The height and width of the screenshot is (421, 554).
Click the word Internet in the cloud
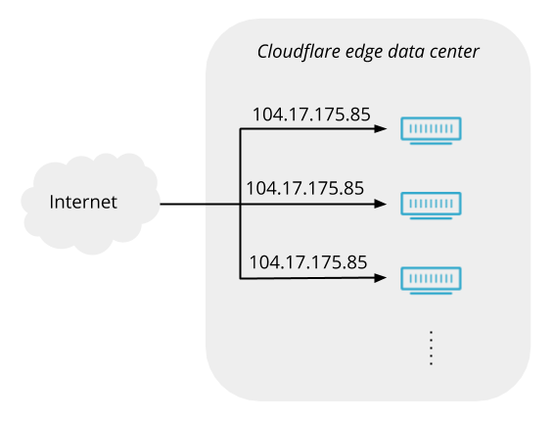click(x=83, y=202)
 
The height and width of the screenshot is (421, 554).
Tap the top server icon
click(x=431, y=130)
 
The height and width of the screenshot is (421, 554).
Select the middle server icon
click(x=431, y=206)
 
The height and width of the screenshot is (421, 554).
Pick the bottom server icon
click(x=431, y=280)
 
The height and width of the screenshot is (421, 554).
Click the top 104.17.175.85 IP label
click(x=311, y=115)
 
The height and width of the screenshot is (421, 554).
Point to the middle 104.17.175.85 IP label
click(x=305, y=188)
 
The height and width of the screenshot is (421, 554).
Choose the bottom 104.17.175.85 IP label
click(x=308, y=262)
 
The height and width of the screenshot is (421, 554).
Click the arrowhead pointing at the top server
click(x=380, y=128)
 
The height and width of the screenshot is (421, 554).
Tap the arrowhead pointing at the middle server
click(x=380, y=204)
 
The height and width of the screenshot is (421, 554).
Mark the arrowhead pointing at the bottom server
click(x=380, y=278)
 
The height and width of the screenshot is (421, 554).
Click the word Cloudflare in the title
click(x=299, y=52)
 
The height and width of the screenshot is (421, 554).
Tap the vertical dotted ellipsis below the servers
click(x=431, y=349)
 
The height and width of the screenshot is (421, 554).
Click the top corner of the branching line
click(x=240, y=129)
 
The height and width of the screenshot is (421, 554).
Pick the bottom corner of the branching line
click(x=240, y=279)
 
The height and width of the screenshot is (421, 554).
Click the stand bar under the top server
click(x=431, y=144)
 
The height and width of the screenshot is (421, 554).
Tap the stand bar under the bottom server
click(x=431, y=294)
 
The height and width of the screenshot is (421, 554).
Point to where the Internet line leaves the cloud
click(x=161, y=204)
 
